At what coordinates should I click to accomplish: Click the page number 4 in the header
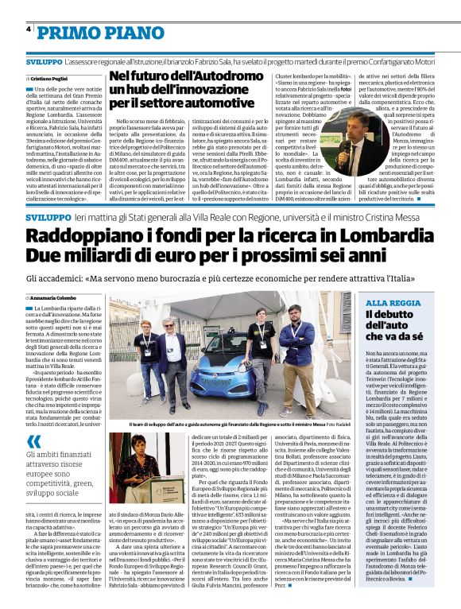point(29,29)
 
